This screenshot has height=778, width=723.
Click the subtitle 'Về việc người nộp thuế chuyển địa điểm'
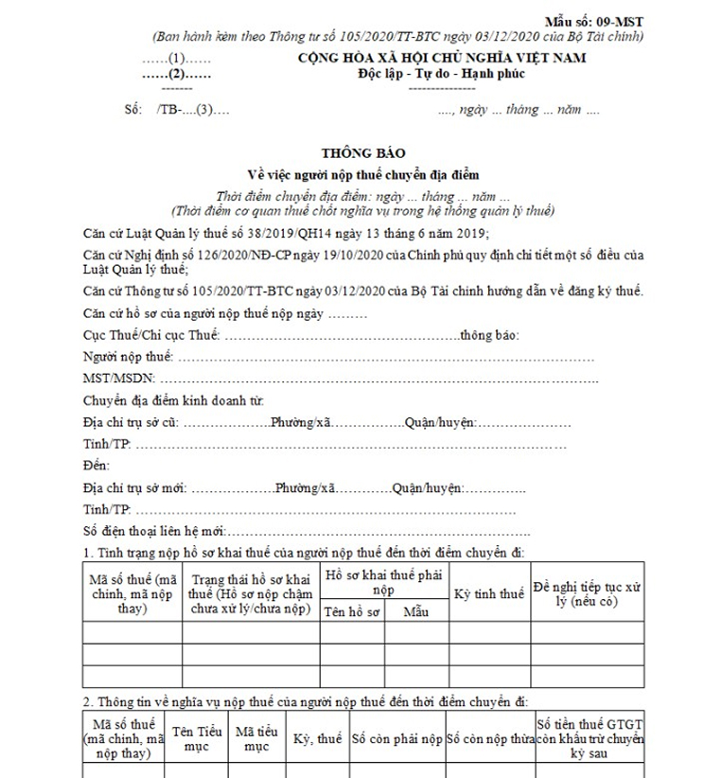(x=362, y=174)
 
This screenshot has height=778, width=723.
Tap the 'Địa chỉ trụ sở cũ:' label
(x=130, y=423)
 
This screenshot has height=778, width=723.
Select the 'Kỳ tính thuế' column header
(x=488, y=594)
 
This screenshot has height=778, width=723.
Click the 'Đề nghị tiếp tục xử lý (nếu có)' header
(x=587, y=593)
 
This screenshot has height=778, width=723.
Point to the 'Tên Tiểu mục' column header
(x=196, y=738)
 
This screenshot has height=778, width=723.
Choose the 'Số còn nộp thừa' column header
(x=488, y=738)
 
